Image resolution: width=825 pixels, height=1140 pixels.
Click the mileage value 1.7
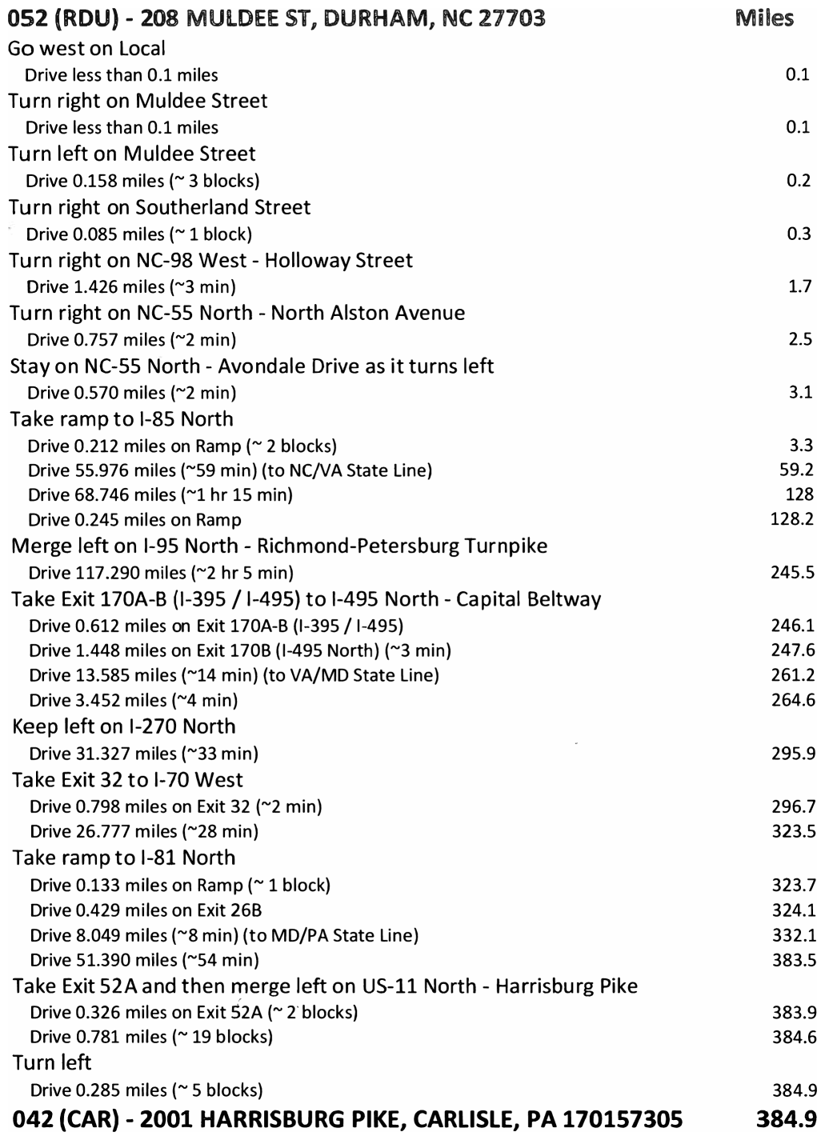click(799, 286)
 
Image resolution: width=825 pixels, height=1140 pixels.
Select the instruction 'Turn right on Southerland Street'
click(159, 207)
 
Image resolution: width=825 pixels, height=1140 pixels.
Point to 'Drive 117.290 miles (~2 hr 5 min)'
click(161, 573)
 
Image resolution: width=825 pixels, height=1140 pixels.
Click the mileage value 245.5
click(792, 572)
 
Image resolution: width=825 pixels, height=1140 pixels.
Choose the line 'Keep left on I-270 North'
click(124, 726)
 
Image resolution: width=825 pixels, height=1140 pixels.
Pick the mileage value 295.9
click(793, 753)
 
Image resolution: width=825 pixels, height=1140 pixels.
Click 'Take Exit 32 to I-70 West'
click(127, 780)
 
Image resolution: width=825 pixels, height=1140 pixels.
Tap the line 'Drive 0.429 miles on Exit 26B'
click(146, 910)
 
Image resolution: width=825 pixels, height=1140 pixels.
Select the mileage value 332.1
click(794, 934)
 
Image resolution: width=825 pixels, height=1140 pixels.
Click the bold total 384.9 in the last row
click(786, 1118)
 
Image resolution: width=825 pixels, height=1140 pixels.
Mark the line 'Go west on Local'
click(86, 49)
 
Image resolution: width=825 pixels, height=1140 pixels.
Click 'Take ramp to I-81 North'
click(124, 858)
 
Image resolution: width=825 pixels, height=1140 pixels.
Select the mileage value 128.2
click(792, 519)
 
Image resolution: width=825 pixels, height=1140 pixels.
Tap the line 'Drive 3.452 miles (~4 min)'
click(133, 701)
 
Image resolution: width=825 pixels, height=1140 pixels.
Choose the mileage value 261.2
click(793, 675)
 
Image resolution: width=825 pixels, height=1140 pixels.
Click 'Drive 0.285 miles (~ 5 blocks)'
click(146, 1090)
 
